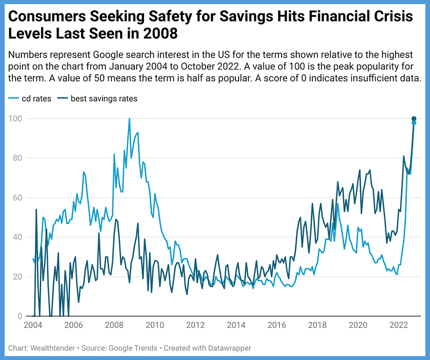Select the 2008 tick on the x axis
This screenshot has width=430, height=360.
point(114,325)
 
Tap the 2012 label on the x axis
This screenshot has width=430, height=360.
point(195,325)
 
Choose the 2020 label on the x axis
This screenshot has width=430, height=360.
point(358,325)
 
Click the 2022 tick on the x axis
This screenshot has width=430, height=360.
point(398,325)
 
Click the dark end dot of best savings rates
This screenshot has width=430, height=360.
point(414,118)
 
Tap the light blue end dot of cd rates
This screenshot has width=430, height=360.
point(414,123)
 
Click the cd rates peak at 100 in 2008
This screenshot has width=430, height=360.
point(129,119)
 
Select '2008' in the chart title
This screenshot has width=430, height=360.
point(160,35)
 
